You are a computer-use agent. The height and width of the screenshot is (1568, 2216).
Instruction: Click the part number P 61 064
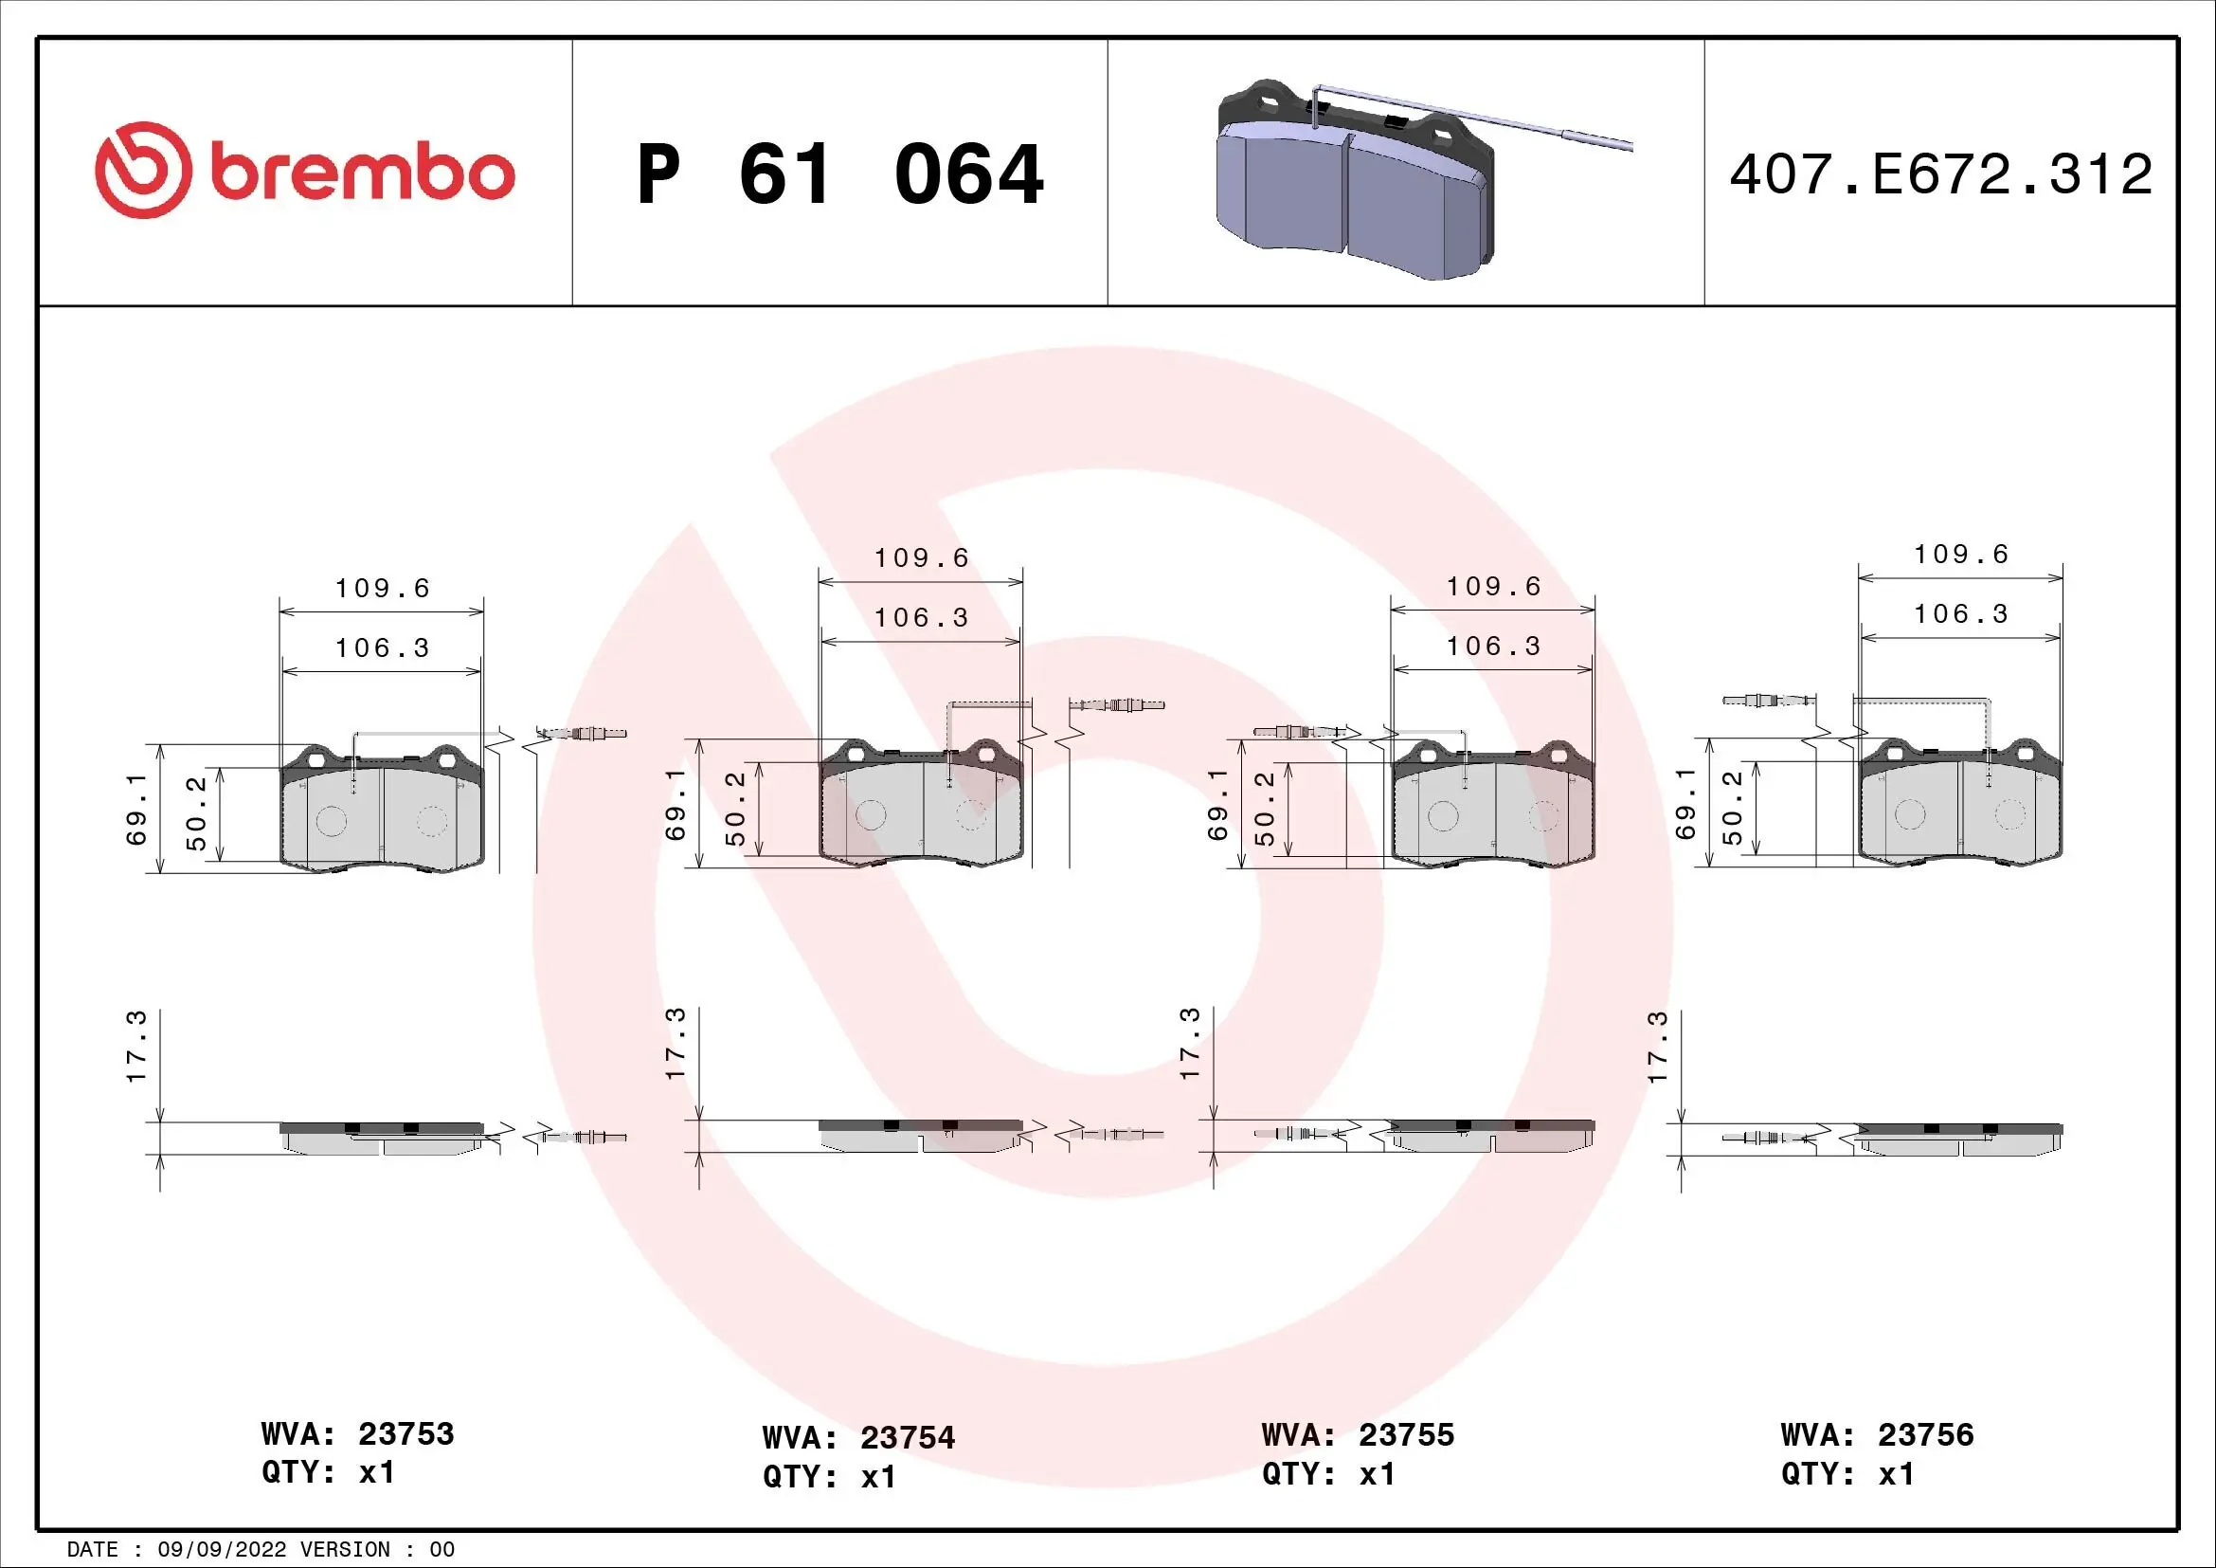coord(839,174)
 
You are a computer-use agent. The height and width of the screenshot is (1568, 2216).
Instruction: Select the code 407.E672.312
coord(1940,174)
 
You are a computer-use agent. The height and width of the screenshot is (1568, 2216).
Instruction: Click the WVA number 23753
coord(405,1433)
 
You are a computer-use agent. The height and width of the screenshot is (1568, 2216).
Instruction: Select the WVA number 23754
coord(907,1438)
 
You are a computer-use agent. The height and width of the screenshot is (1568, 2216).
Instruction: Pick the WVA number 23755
coord(1405,1434)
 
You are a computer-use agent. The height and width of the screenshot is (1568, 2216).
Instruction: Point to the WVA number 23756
coord(1925,1434)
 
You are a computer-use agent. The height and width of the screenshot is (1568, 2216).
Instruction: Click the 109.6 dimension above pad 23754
coord(921,558)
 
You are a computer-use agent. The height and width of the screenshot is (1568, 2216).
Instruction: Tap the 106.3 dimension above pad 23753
coord(382,647)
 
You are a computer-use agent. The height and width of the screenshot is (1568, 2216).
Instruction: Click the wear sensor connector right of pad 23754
coord(1120,704)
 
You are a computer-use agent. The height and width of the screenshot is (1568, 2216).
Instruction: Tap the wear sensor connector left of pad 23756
coord(1761,700)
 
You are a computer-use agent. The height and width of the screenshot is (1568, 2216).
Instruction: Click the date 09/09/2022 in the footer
coord(221,1550)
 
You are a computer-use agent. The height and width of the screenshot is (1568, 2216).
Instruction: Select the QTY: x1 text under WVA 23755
coord(1327,1474)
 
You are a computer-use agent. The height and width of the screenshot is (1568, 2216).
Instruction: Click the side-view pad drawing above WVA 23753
coord(382,1139)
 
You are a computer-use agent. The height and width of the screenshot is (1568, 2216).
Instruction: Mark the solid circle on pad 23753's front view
coord(331,822)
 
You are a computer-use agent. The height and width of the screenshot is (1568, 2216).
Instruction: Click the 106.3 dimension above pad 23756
coord(1960,614)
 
